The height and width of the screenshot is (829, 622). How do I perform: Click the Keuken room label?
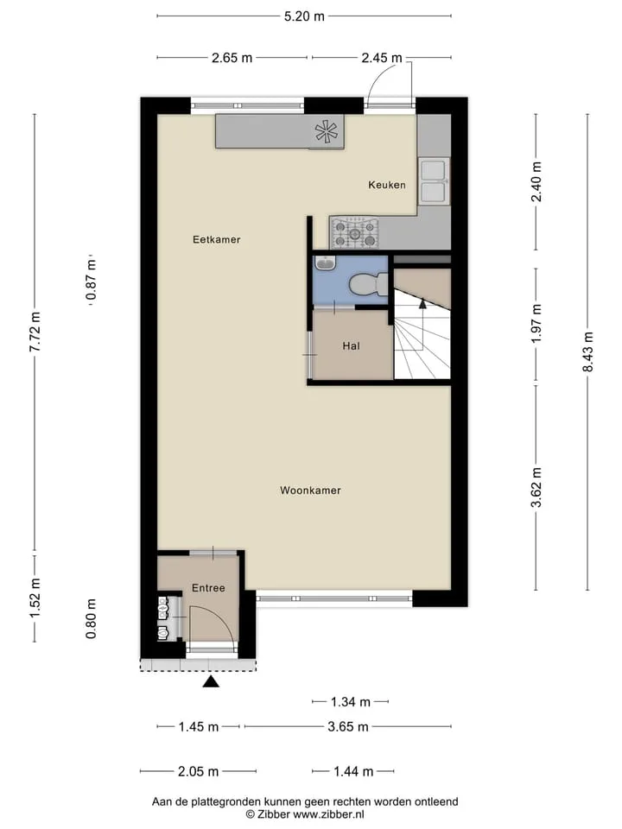(387, 185)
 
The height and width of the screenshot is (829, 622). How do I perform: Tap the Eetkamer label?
(216, 239)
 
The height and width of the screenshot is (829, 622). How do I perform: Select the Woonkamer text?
(310, 490)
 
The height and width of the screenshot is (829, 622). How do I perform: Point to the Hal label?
(352, 345)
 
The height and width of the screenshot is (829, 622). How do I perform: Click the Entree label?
(208, 588)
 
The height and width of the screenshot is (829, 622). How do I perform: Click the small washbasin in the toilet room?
(324, 263)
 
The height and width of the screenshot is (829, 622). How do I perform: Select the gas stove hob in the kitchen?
(355, 233)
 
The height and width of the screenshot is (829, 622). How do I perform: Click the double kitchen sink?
(434, 180)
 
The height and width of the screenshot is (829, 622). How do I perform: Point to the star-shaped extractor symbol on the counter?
(326, 131)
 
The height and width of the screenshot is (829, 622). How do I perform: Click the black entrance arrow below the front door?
(211, 681)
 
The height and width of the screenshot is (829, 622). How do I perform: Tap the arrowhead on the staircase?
(422, 303)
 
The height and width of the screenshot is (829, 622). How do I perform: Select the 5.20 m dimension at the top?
(304, 16)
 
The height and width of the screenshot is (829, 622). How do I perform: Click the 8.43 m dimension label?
(587, 351)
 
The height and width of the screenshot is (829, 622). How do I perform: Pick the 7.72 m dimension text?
(35, 332)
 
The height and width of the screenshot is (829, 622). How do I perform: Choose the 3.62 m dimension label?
(536, 487)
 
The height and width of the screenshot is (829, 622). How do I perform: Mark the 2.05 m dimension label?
(199, 771)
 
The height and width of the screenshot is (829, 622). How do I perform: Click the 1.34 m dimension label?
(351, 701)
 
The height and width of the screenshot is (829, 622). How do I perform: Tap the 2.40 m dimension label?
(536, 181)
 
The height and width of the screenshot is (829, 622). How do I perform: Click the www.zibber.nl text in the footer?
(328, 814)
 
